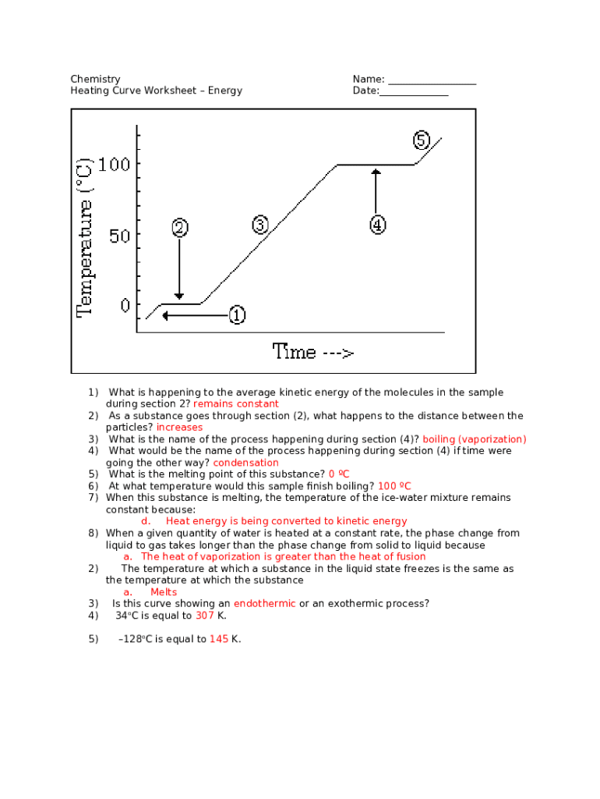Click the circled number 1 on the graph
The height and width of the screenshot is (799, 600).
(237, 315)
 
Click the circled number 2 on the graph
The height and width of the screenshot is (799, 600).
(179, 228)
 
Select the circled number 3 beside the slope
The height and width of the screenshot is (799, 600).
(260, 225)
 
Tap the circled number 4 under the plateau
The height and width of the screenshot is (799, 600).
(376, 225)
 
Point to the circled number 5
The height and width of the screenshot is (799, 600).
(421, 140)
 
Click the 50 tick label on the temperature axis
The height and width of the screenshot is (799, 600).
(119, 235)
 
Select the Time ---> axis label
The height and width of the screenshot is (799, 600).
(313, 352)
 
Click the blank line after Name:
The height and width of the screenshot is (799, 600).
(432, 80)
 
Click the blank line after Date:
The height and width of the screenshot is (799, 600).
(414, 91)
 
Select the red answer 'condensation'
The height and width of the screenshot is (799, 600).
(245, 463)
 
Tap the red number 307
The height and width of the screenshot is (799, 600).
(205, 616)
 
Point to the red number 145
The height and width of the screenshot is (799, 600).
(219, 639)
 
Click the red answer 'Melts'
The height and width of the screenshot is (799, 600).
(164, 592)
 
